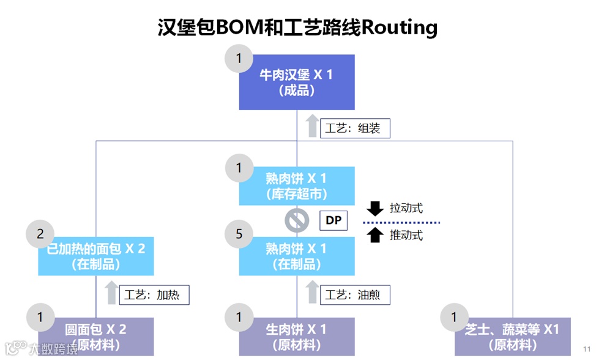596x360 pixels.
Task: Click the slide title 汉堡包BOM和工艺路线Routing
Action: (297, 28)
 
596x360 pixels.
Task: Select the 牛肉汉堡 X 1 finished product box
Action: (296, 82)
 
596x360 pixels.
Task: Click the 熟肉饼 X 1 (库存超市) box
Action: (296, 186)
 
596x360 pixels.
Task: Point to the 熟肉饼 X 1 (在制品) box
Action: (296, 256)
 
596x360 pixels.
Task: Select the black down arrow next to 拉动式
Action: (375, 208)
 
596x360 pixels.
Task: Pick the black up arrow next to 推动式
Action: (375, 234)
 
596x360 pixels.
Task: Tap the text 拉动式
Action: (406, 208)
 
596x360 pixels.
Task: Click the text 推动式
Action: (406, 235)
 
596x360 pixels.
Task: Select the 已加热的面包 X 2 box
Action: (95, 256)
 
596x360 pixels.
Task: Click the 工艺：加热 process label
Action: (154, 294)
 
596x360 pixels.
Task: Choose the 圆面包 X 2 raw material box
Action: (95, 336)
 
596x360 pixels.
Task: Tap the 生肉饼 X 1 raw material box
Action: (296, 336)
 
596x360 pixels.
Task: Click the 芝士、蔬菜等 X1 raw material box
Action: (512, 336)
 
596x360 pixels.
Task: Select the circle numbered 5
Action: (239, 234)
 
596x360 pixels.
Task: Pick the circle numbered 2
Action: (40, 234)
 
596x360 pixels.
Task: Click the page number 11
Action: (586, 348)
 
